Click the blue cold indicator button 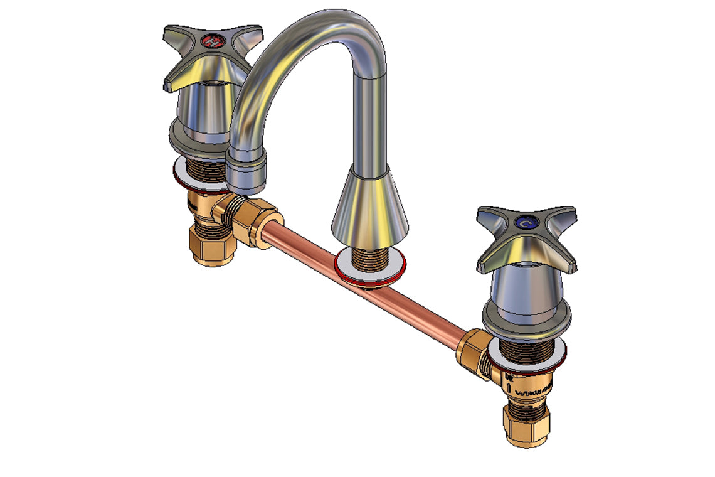pyautogui.click(x=525, y=222)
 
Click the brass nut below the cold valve pyautogui.click(x=526, y=423)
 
